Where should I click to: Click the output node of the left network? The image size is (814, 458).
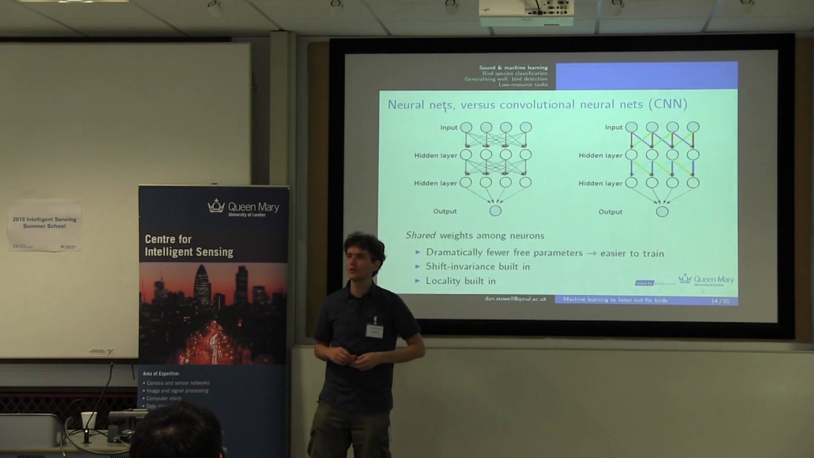(495, 211)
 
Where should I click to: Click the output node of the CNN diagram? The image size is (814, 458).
(662, 211)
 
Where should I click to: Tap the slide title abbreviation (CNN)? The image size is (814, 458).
(666, 104)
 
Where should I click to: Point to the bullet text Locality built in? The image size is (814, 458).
(460, 281)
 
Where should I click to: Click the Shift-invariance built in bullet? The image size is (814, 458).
(478, 267)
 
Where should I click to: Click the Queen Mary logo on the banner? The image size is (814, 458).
(244, 207)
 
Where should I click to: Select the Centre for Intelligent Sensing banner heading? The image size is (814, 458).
(189, 246)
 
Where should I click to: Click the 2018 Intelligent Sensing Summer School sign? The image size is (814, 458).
(45, 223)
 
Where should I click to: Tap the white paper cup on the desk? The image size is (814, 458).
(88, 420)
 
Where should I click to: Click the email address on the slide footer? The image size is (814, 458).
(515, 299)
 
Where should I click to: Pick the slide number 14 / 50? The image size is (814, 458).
(720, 301)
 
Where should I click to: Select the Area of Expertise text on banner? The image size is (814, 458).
(162, 373)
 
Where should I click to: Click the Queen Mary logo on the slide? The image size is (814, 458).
(706, 280)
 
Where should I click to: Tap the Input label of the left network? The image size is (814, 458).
(448, 127)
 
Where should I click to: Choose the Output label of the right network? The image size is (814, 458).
(610, 212)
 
